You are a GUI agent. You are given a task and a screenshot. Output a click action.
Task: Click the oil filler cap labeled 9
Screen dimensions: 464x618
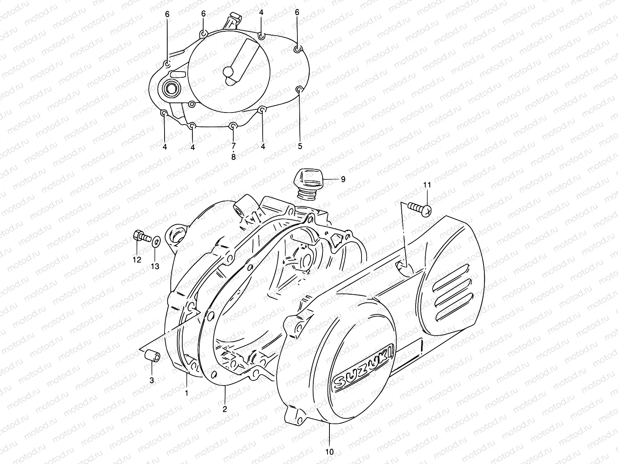pos(307,184)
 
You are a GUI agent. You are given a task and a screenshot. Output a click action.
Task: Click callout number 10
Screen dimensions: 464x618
pos(329,452)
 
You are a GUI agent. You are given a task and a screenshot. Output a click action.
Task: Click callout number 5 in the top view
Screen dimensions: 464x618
pos(300,147)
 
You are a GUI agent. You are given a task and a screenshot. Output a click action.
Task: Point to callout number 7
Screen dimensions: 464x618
pos(233,146)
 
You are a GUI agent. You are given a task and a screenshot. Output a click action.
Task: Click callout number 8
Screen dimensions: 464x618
pos(233,157)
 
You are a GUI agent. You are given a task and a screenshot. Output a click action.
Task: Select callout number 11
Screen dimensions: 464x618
pos(426,185)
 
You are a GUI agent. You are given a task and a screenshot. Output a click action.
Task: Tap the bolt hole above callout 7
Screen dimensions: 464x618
pos(233,126)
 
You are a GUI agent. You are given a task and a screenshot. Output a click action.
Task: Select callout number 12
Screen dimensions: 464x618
pos(137,260)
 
